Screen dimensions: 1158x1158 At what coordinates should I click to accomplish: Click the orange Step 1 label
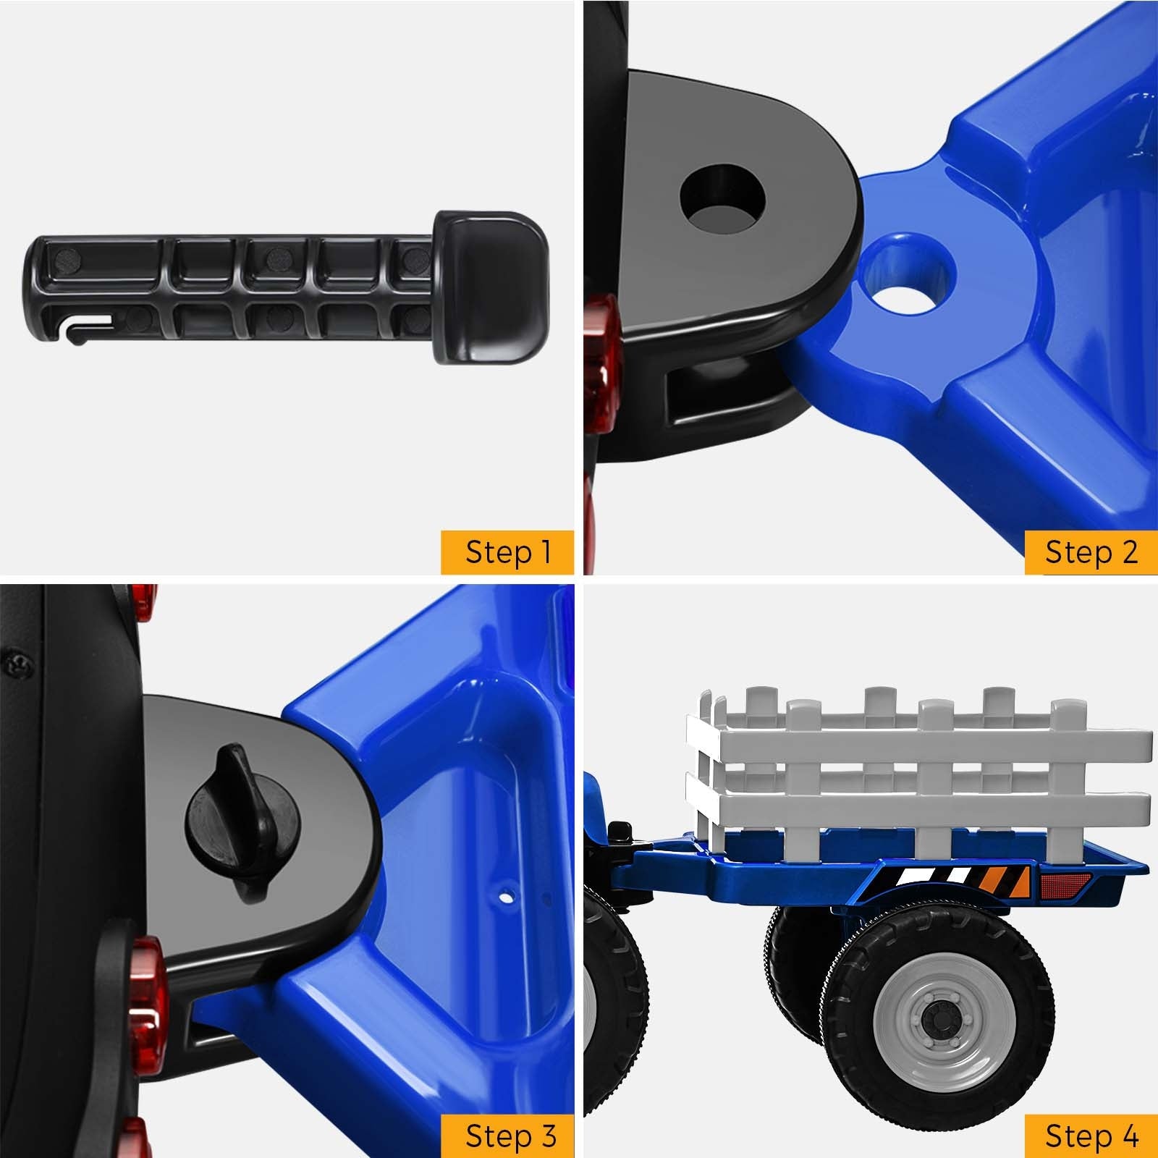(507, 552)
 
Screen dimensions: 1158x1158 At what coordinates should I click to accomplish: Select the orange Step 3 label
(507, 1136)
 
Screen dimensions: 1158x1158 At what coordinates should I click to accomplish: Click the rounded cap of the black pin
(491, 287)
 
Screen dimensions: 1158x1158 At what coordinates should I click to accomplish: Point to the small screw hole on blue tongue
(507, 898)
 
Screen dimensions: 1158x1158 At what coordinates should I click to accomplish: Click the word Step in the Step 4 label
(1076, 1137)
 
